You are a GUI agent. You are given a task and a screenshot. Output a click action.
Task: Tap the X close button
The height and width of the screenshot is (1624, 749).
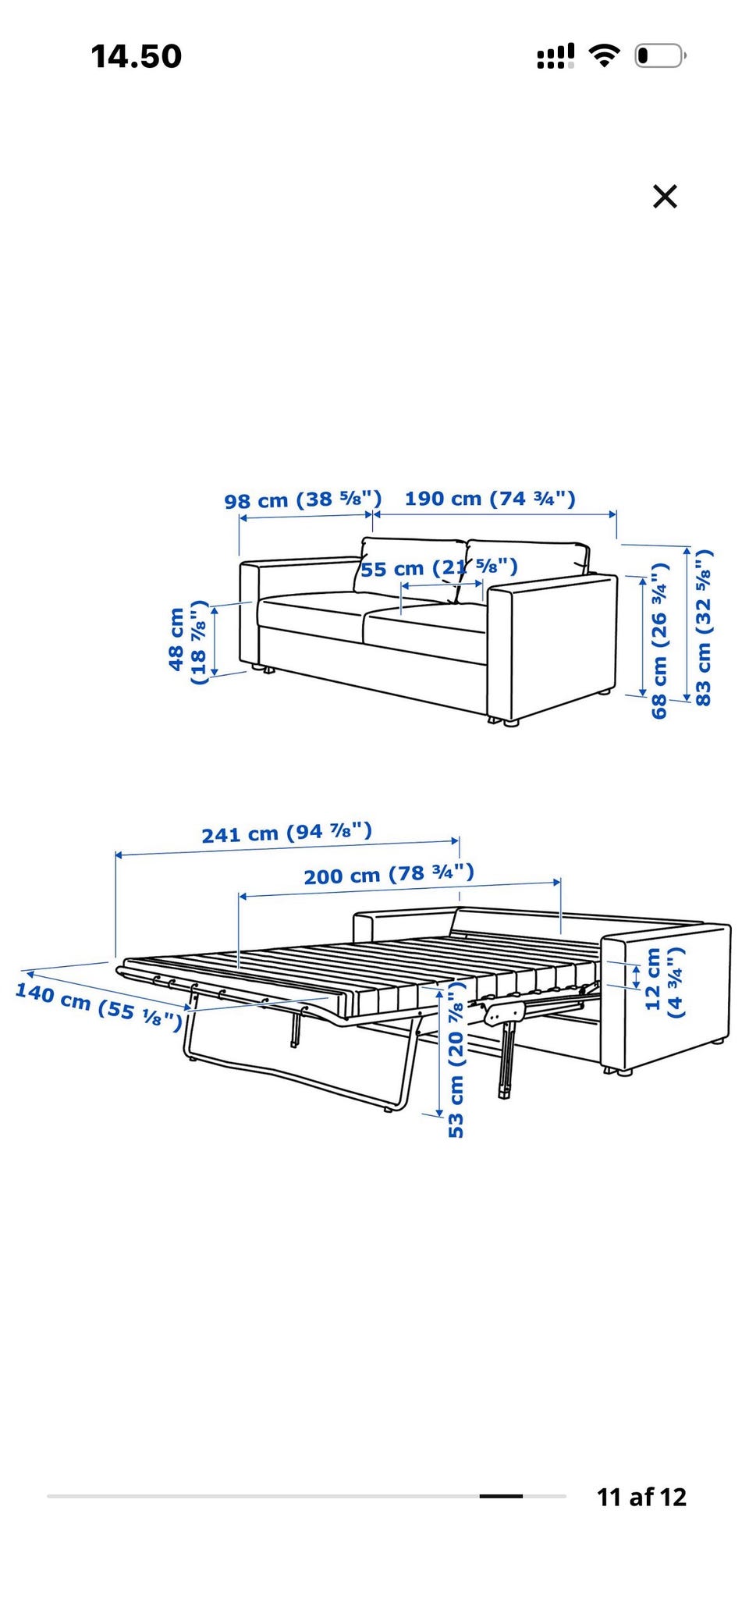[665, 196]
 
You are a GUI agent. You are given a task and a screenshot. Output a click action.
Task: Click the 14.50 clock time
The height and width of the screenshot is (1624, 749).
[137, 56]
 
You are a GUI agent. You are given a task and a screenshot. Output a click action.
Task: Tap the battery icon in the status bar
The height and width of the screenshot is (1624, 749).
[660, 55]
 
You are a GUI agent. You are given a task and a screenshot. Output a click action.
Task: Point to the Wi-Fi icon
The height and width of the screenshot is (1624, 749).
[604, 55]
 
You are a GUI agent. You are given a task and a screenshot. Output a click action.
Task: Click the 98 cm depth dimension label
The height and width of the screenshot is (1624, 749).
[303, 499]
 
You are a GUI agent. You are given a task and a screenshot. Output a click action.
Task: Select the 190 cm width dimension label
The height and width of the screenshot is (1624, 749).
[490, 498]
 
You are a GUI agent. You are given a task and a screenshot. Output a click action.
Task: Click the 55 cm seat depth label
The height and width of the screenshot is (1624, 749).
[438, 567]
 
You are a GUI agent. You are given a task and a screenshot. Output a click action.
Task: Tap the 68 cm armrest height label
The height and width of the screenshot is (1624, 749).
[660, 640]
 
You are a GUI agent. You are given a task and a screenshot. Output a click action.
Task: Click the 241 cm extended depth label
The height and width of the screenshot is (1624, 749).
[287, 833]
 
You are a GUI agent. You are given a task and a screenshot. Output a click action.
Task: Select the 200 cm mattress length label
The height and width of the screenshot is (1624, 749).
[389, 874]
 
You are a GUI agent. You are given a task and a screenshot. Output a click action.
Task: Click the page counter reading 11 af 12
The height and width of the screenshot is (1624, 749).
[641, 1497]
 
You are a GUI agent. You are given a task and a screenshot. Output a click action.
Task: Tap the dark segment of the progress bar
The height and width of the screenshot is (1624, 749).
[501, 1496]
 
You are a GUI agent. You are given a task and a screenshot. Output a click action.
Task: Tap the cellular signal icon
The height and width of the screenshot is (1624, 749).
[556, 56]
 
